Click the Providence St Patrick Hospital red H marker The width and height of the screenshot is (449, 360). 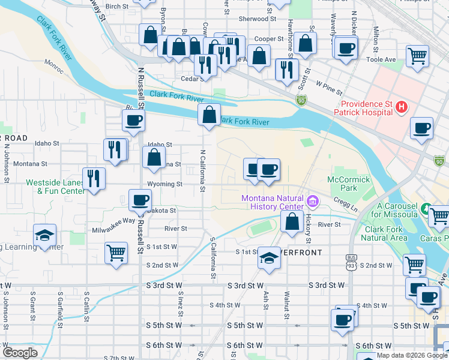pos(402,108)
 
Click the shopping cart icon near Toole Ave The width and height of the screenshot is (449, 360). pos(417,56)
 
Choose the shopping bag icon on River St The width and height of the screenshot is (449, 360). pos(292,221)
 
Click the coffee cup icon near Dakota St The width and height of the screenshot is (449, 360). pos(140,200)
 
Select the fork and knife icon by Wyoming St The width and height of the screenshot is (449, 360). pos(94,178)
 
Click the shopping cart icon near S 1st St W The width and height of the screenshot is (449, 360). pos(116,253)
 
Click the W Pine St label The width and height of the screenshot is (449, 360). pos(328,89)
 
